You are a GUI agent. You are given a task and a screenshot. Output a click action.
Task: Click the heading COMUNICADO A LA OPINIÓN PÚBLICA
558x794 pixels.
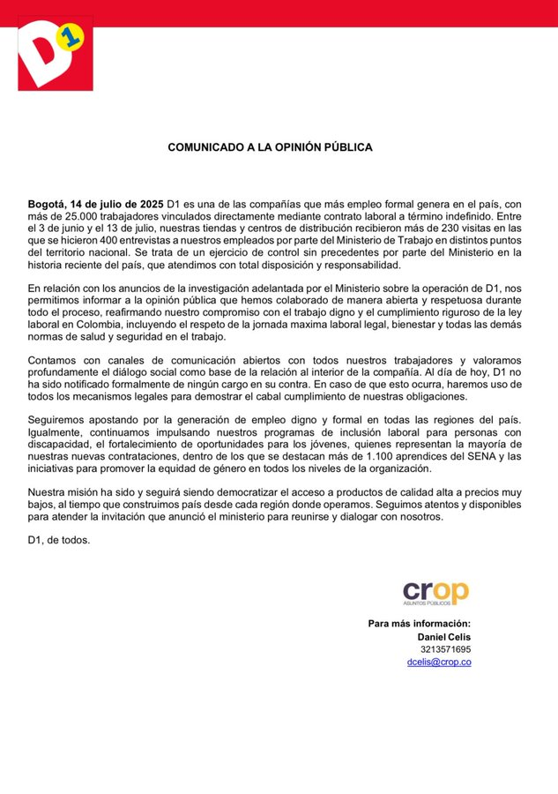270,147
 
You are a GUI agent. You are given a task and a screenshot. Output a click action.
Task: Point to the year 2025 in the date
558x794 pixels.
150,205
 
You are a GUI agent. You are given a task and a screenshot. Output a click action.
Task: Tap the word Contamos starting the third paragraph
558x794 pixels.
54,360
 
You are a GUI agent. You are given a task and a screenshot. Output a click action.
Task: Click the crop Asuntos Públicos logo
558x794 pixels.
436,593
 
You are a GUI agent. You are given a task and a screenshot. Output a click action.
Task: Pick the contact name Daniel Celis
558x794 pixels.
443,637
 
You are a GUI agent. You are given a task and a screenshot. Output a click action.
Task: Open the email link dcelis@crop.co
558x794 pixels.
438,662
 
